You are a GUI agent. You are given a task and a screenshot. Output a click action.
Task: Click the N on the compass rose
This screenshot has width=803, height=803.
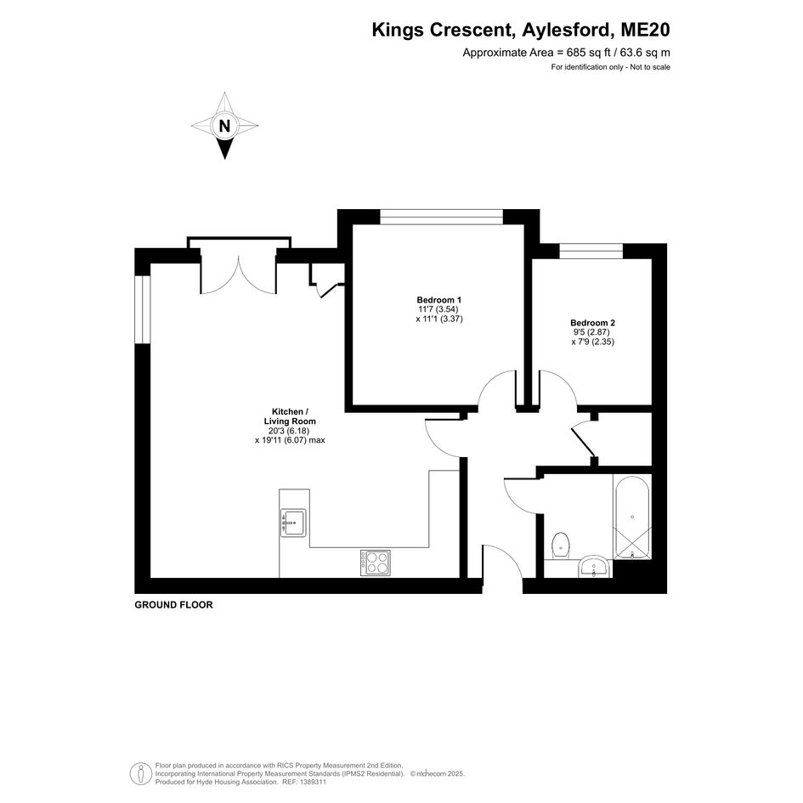point(224,126)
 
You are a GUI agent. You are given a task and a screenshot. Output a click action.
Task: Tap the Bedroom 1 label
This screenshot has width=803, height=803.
point(439,300)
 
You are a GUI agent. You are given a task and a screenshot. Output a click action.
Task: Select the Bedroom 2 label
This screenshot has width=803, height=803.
point(592,323)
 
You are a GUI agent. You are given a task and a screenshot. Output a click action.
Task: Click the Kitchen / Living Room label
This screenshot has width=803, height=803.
point(290,416)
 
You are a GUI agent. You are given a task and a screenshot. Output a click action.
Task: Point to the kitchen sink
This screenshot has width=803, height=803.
point(293,523)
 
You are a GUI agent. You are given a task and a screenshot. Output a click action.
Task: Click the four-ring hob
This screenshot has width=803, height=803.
point(376,563)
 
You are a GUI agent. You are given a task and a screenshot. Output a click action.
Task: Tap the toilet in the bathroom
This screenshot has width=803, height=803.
point(562,546)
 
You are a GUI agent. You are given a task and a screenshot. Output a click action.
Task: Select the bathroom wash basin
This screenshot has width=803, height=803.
point(594,568)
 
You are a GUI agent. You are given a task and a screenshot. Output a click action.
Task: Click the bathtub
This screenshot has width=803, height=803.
point(632,517)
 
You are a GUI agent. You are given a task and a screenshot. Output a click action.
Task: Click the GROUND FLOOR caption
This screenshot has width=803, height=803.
point(173,605)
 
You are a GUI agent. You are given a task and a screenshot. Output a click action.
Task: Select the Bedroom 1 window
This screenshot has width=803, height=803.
point(442,217)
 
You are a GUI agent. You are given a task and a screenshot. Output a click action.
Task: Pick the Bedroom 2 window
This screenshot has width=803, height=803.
point(591,251)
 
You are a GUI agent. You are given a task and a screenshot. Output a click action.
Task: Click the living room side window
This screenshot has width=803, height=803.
point(143,309)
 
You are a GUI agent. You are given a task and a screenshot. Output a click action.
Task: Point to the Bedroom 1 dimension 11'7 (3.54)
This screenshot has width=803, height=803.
point(438,309)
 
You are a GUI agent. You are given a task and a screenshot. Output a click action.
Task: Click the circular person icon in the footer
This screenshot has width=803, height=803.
point(141,773)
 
